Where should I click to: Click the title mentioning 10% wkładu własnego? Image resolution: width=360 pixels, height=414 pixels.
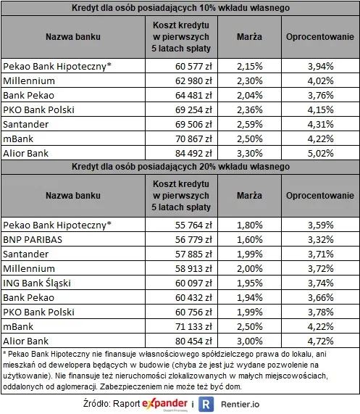point(180,7)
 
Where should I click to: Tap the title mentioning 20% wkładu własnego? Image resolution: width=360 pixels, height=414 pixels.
point(180,167)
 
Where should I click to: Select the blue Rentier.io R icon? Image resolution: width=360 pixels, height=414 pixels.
point(205,402)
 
